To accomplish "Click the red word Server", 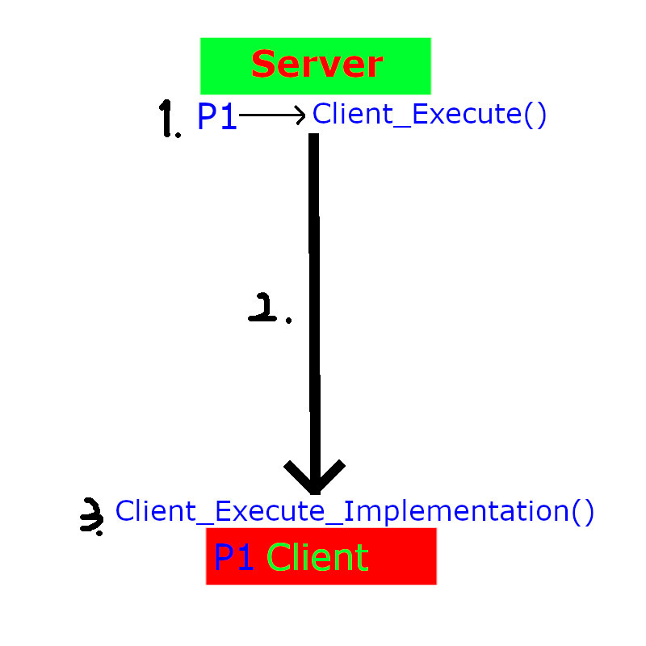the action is (317, 65).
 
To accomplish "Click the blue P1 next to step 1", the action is (216, 118).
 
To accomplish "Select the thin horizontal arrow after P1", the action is (271, 115).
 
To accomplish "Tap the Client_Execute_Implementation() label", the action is (354, 511).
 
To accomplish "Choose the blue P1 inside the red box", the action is (234, 557).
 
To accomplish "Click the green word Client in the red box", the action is (317, 557).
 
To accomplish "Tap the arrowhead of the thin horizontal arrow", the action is (300, 115).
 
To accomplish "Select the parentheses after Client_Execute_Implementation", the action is (583, 511).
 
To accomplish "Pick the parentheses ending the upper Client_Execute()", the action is (535, 114).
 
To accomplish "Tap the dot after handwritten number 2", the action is (288, 321).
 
